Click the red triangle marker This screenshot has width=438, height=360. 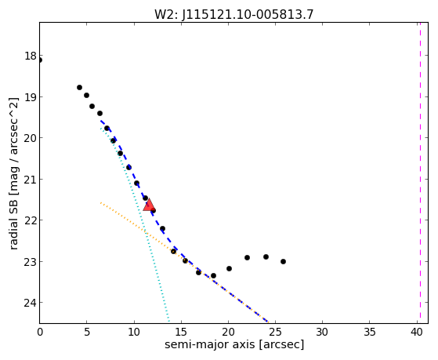(x=149, y=205)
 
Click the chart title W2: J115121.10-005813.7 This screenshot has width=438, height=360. (x=233, y=14)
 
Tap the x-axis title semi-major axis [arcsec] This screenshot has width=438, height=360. (x=234, y=344)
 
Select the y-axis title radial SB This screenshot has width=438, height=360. (x=13, y=225)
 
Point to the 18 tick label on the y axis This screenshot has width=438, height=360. (x=31, y=56)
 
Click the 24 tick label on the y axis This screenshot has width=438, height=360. (x=31, y=303)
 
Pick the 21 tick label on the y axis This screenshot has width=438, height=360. (x=31, y=179)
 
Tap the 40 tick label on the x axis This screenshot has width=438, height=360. (x=417, y=332)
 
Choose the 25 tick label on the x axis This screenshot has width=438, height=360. (x=276, y=332)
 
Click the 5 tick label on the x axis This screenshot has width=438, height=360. (x=87, y=332)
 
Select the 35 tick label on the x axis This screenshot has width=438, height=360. (x=370, y=332)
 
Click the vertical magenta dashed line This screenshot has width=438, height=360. (x=420, y=173)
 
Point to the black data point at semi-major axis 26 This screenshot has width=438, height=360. (x=283, y=261)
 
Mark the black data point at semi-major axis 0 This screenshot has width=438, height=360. (x=40, y=60)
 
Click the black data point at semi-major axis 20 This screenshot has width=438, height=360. (x=229, y=268)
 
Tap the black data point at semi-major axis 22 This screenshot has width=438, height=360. (x=247, y=257)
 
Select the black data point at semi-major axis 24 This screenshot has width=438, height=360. (x=266, y=256)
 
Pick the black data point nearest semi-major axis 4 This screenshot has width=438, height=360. (x=79, y=87)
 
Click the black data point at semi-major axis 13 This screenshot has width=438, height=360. (x=162, y=228)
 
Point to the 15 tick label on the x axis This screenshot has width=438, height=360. (x=181, y=332)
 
